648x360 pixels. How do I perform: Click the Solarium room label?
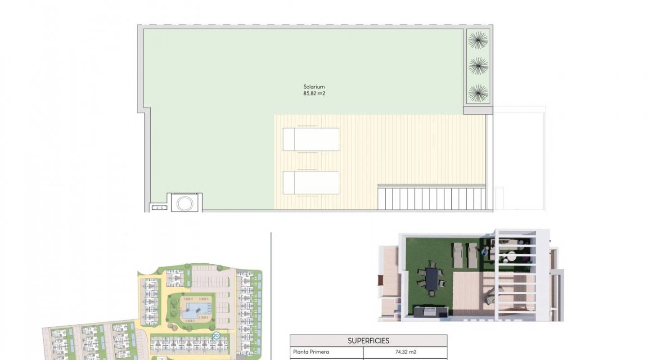point(314,87)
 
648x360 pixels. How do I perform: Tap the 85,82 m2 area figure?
point(314,94)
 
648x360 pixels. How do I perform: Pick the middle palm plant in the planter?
point(478,67)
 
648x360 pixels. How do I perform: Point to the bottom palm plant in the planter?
point(478,93)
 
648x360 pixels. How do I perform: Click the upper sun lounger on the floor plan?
point(311,139)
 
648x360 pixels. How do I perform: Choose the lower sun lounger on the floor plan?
point(311,183)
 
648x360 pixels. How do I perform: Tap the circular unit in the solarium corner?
point(184,203)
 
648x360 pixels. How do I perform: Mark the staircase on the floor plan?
point(431,198)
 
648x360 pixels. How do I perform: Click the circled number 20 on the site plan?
point(216,336)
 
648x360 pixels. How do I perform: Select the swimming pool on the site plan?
point(197,309)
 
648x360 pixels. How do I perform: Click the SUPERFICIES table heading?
point(368,341)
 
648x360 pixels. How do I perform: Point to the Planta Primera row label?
point(311,352)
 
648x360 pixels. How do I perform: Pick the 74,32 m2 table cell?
point(405,352)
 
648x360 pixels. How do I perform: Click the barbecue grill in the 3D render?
point(431,311)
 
